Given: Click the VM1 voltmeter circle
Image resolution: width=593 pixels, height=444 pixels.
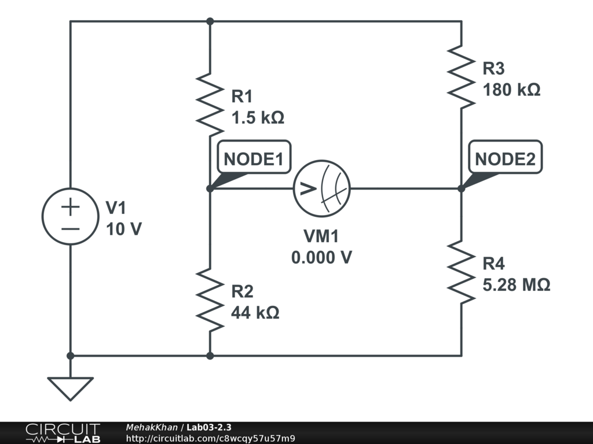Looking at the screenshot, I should [322, 188].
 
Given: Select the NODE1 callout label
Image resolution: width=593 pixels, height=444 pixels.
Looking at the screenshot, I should [254, 160].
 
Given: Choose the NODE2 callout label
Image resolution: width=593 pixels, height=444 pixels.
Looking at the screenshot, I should [505, 160].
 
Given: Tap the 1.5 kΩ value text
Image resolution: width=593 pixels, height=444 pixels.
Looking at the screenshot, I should [258, 117].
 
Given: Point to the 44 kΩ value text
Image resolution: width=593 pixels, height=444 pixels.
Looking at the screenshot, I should [255, 313].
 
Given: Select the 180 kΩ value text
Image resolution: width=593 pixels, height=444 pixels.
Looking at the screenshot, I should [511, 90].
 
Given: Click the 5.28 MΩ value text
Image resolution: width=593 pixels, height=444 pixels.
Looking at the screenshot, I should [516, 285].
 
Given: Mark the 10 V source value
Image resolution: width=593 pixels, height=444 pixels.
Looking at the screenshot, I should [123, 229].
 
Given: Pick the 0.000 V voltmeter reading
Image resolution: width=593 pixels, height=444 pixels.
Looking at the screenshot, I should [321, 257].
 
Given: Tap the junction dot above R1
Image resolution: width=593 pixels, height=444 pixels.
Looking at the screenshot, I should [210, 21].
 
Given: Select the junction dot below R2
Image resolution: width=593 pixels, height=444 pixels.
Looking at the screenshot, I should [210, 356].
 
